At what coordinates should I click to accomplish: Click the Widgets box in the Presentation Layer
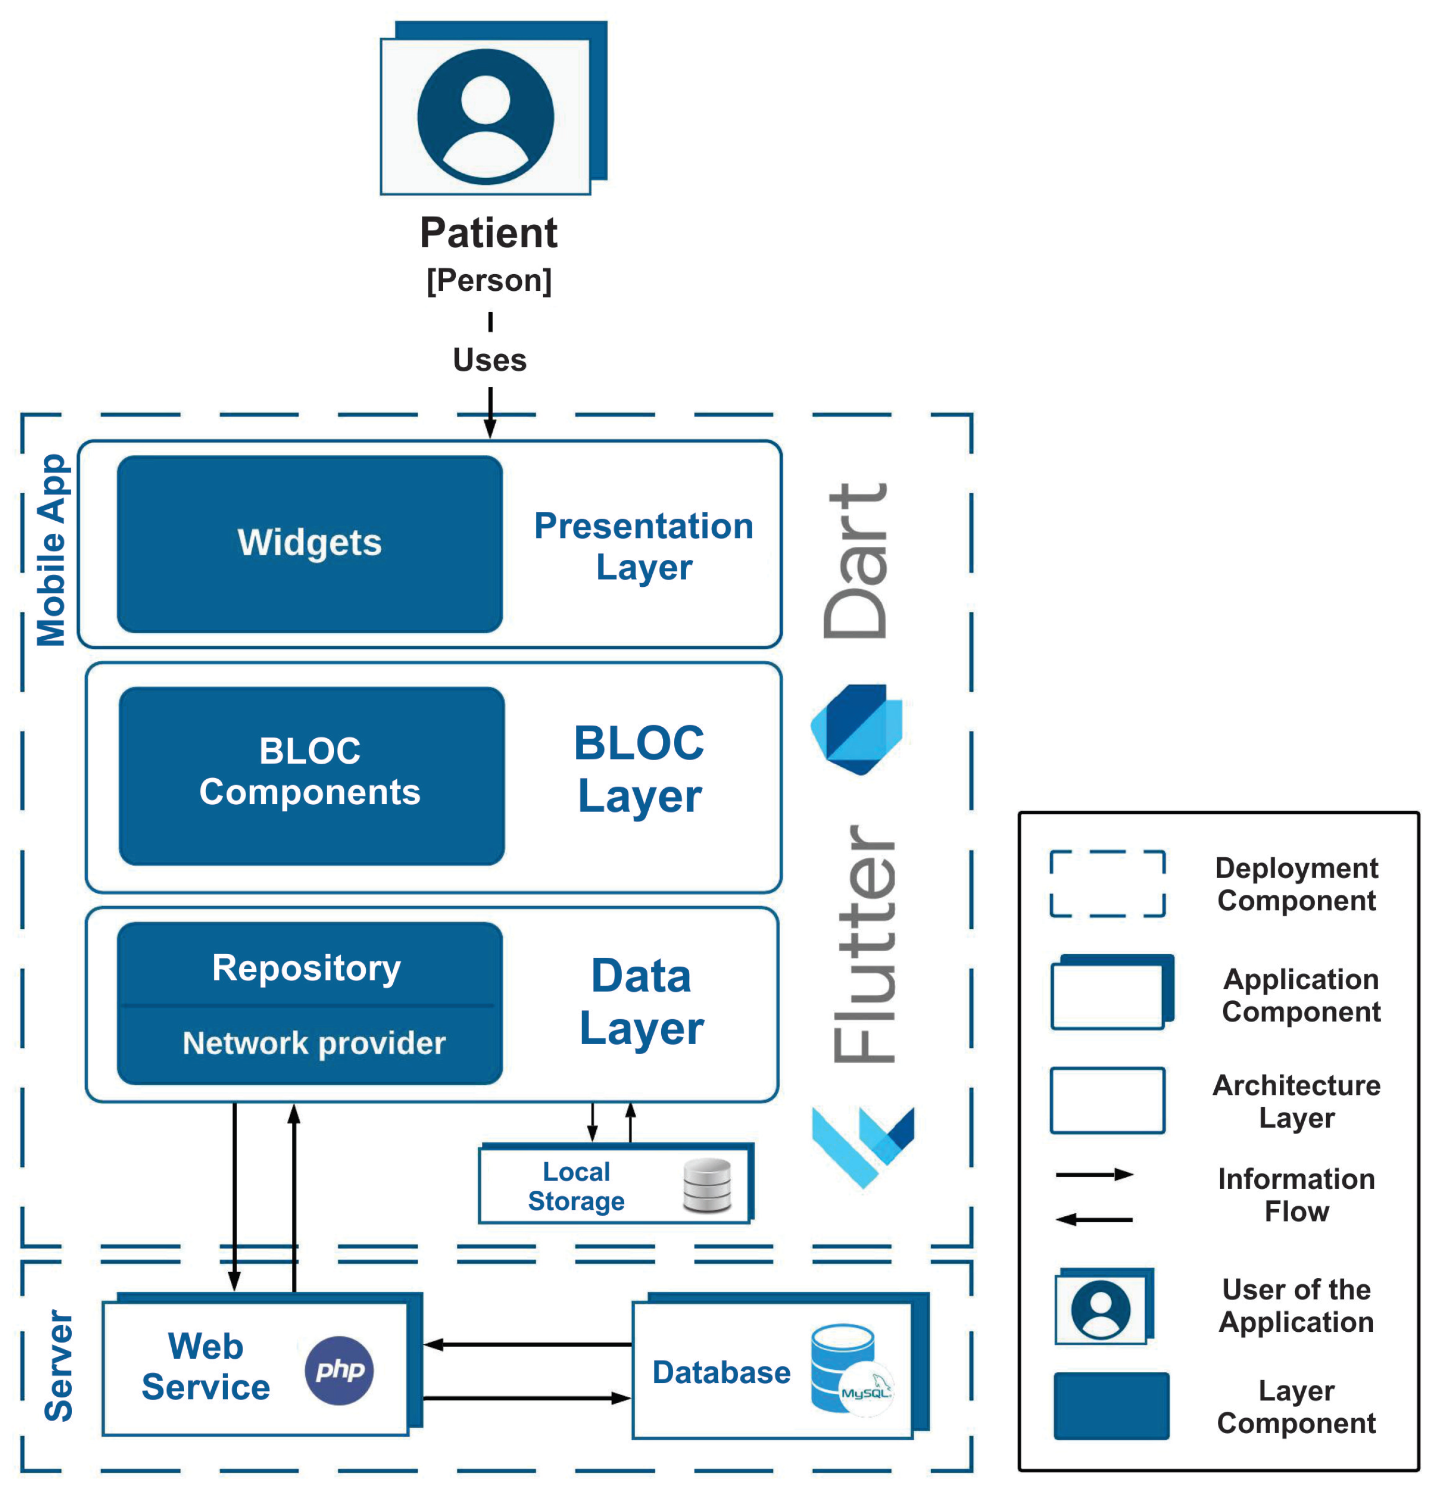pos(310,544)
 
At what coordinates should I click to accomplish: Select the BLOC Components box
pos(311,776)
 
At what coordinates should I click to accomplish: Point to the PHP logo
pos(339,1370)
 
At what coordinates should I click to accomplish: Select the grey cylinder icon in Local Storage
pos(707,1185)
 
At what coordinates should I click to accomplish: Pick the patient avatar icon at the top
pos(485,117)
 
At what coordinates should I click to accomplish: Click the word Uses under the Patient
pos(490,360)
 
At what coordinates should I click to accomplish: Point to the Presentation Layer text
pos(644,546)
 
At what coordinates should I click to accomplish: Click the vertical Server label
pos(59,1365)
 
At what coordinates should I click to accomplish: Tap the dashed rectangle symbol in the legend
pos(1108,884)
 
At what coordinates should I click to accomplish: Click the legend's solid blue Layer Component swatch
pos(1111,1405)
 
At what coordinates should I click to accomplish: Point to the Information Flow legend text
pos(1296,1194)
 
